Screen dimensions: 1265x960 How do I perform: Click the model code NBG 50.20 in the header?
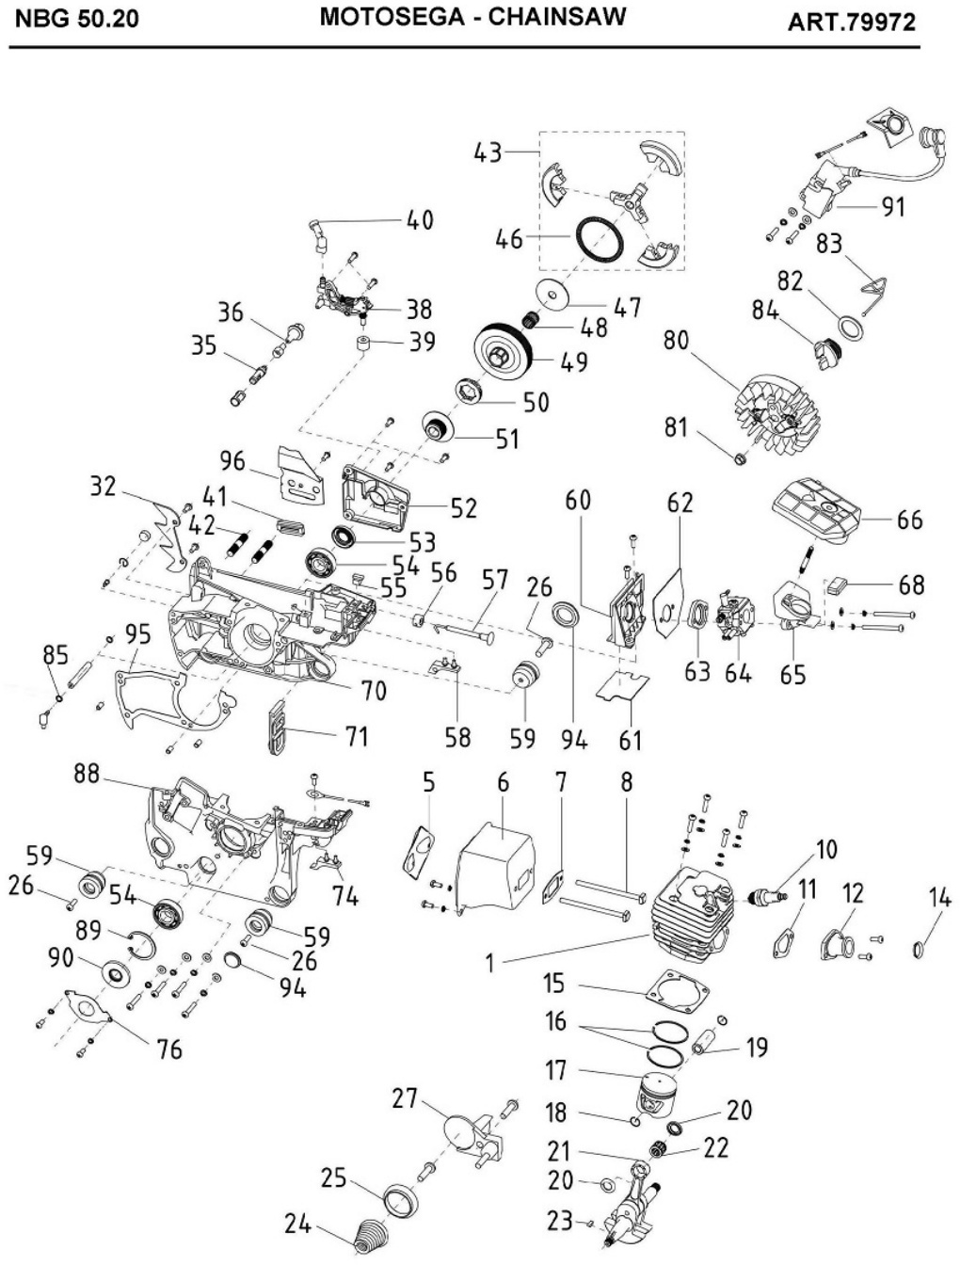coord(75,20)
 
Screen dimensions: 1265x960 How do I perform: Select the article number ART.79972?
coord(851,22)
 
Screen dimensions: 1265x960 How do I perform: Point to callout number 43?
coord(488,152)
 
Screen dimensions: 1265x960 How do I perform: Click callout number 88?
coord(87,774)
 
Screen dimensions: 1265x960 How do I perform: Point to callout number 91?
coord(891,206)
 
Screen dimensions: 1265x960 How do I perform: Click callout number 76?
coord(169,1048)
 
